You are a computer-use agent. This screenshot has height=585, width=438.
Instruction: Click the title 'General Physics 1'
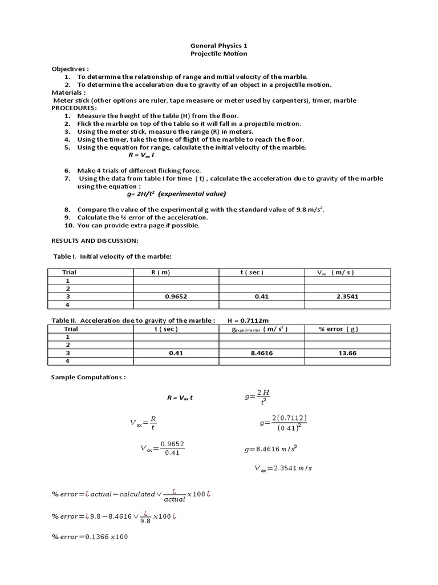pos(219,45)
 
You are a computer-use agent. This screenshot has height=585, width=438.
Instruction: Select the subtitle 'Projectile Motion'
pos(219,54)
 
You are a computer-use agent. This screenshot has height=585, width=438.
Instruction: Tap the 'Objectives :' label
pos(71,69)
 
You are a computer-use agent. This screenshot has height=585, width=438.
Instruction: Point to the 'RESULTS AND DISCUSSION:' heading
pos(95,241)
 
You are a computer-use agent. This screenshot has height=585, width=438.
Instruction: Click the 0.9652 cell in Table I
pos(176,296)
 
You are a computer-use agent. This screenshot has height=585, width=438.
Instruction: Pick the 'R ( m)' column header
pos(161,273)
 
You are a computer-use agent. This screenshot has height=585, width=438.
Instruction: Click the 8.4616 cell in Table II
pos(262,353)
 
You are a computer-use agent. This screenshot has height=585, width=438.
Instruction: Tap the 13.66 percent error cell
pos(347,353)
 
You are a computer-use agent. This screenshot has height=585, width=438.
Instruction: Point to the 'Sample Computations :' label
pos(88,378)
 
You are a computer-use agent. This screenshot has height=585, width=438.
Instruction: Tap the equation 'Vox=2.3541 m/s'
pos(283,468)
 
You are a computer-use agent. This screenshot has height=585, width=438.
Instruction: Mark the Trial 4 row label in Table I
pos(68,304)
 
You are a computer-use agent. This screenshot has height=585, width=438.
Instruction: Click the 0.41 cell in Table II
pos(176,353)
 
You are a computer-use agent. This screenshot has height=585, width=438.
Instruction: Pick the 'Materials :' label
pos(69,93)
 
